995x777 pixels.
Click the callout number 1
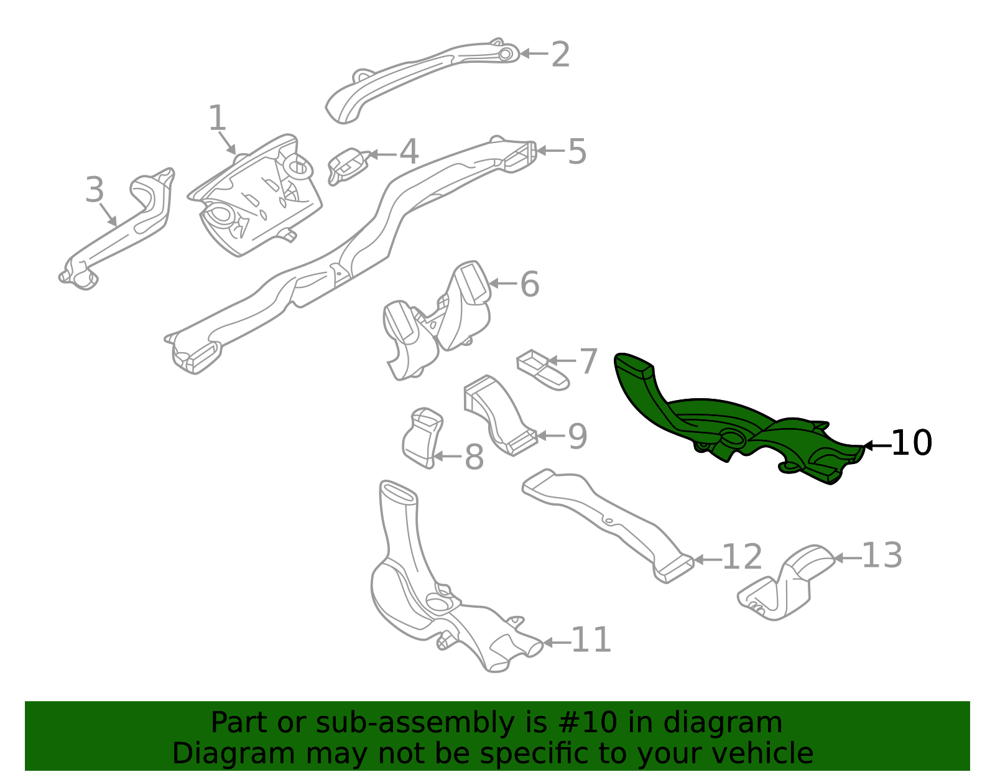click(x=216, y=118)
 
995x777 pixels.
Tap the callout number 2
click(x=560, y=55)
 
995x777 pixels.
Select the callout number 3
click(x=94, y=190)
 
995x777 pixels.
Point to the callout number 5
click(x=577, y=152)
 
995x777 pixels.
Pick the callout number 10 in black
click(x=911, y=444)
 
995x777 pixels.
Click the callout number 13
click(x=882, y=556)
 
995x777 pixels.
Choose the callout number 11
click(x=591, y=640)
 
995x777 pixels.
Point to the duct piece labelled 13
click(x=787, y=582)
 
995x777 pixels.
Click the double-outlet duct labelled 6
click(x=435, y=320)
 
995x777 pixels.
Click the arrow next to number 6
click(x=503, y=284)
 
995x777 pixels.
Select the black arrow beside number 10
click(x=877, y=445)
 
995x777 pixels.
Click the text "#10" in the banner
click(x=583, y=723)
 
